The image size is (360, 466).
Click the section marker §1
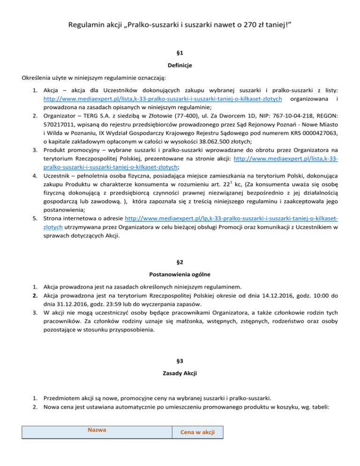pyautogui.click(x=180, y=54)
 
